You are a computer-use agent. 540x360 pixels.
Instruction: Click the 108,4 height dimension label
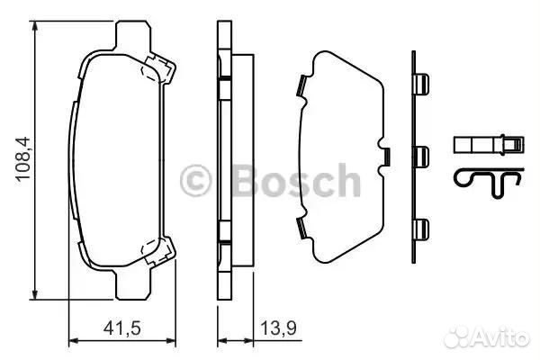click(x=23, y=158)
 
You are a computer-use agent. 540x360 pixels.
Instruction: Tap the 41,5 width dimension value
click(x=122, y=328)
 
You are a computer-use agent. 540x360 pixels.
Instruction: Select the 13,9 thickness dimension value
click(x=278, y=328)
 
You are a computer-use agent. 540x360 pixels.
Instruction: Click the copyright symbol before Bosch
click(x=195, y=181)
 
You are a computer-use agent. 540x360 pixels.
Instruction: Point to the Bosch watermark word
click(x=297, y=181)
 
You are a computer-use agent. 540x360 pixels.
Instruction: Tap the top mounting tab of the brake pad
click(x=133, y=34)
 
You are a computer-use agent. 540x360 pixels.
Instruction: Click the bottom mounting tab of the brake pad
click(x=133, y=285)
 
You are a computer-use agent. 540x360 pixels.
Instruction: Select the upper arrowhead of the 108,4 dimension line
click(x=34, y=27)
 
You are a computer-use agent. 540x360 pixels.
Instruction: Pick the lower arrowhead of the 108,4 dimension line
click(x=34, y=293)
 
